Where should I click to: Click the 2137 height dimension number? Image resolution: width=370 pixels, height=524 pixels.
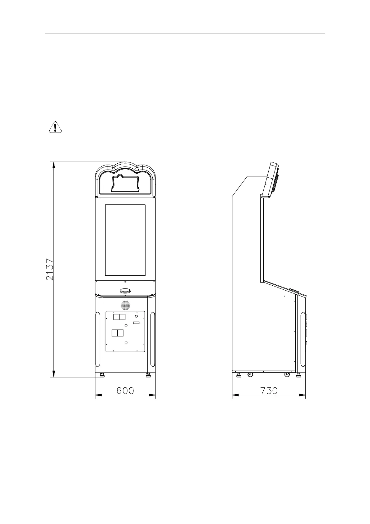50,269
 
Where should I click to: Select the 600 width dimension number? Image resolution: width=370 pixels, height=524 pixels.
125,391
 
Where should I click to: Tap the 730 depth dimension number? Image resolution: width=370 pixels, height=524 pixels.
269,391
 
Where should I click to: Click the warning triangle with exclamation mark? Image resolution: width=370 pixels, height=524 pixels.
55,127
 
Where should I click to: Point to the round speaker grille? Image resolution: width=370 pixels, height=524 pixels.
125,305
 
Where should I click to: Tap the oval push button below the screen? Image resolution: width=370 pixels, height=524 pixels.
125,291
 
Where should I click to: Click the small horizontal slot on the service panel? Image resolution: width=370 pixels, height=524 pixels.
136,323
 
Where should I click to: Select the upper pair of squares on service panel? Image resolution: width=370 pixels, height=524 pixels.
119,317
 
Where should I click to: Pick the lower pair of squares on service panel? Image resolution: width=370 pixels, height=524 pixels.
117,333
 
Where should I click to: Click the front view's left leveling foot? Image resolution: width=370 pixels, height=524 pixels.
102,375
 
